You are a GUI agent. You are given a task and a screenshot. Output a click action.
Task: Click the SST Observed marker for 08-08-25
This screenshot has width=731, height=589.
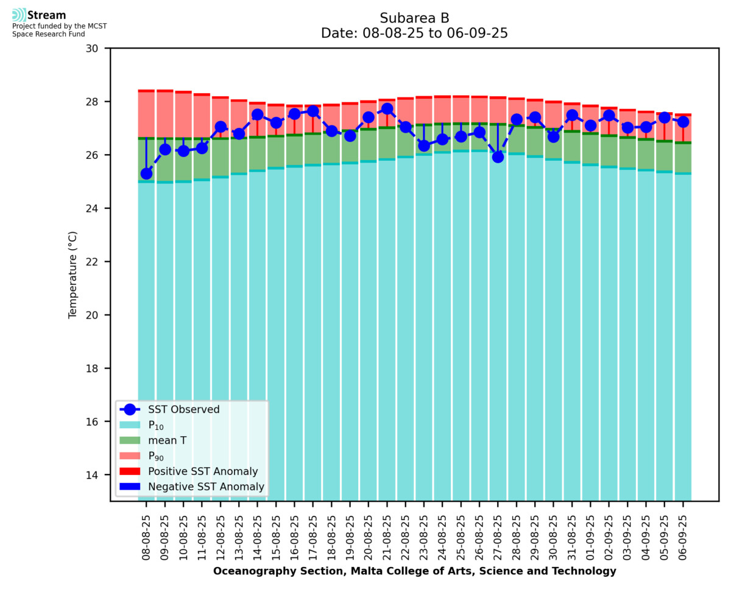point(146,174)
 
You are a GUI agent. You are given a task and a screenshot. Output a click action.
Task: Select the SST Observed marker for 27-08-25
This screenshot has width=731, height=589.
point(498,157)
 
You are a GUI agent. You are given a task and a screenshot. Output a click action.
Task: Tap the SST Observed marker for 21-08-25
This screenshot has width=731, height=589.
point(387,109)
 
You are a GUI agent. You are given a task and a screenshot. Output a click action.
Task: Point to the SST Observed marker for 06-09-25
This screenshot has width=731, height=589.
point(683,122)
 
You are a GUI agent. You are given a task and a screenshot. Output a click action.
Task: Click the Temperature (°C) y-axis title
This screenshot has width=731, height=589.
point(73,274)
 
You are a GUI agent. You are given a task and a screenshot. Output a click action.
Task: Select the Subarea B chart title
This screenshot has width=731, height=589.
point(414,18)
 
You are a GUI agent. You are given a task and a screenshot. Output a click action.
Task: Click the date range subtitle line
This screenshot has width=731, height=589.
point(414,34)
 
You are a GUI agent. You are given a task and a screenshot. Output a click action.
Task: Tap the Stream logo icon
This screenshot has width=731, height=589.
point(19,15)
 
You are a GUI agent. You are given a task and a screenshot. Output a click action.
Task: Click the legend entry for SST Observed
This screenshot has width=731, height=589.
point(183,410)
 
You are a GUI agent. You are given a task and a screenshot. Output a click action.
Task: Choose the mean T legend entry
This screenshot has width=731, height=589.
point(167,440)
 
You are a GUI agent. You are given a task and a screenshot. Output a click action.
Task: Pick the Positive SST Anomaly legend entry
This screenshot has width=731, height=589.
point(203,471)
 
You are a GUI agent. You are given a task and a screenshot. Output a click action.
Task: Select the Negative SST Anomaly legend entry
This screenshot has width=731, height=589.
point(206,487)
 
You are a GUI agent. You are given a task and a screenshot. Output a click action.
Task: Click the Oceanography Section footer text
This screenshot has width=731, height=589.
point(414,571)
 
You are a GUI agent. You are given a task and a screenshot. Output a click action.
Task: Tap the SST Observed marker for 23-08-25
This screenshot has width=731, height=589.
point(424,145)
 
